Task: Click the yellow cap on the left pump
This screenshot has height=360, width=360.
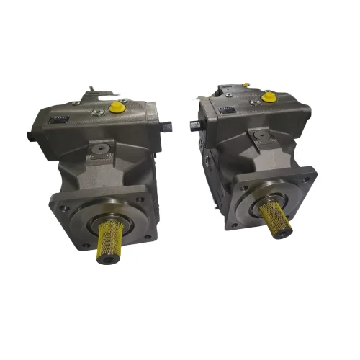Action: [115, 107]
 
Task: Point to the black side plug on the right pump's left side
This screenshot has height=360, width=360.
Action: [193, 123]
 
